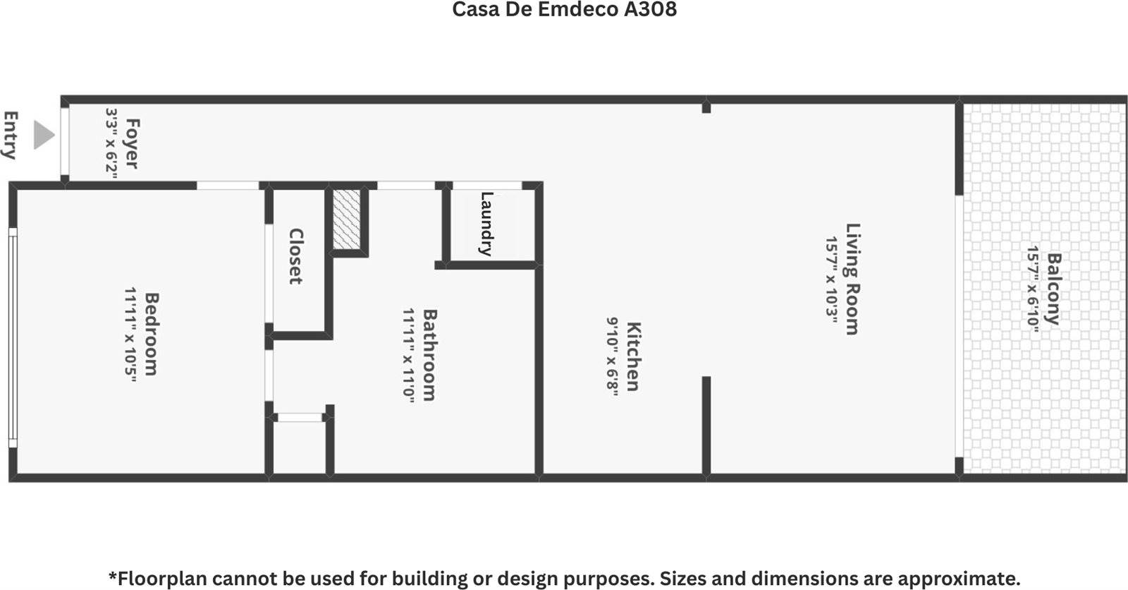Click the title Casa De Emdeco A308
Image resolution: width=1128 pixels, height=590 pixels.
(x=564, y=10)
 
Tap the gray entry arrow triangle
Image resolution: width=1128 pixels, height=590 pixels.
(x=44, y=135)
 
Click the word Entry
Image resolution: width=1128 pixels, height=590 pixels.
(x=11, y=135)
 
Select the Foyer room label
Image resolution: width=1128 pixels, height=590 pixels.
(x=131, y=143)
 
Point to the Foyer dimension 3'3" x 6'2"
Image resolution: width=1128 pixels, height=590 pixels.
(x=111, y=143)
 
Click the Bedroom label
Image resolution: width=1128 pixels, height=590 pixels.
(x=151, y=334)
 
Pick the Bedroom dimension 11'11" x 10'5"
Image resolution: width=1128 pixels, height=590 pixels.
(x=130, y=335)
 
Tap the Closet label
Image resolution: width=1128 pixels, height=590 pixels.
(x=295, y=256)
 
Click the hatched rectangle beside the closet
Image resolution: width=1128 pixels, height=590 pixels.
(x=346, y=219)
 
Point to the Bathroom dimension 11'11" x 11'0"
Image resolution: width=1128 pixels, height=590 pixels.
(x=409, y=355)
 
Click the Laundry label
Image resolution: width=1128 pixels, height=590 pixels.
(x=486, y=224)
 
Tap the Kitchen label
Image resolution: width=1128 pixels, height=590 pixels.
(x=633, y=356)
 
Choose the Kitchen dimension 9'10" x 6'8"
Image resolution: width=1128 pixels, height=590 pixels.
(x=613, y=356)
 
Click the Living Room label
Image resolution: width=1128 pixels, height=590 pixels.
(x=853, y=279)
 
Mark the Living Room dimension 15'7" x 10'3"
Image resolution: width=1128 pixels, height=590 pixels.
(x=832, y=279)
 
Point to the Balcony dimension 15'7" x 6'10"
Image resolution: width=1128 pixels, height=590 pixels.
(x=1032, y=289)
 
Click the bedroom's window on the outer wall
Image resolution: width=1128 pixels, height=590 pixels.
(x=12, y=337)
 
